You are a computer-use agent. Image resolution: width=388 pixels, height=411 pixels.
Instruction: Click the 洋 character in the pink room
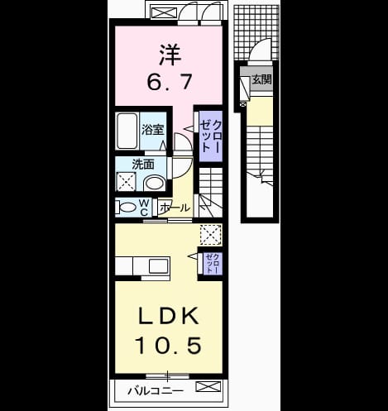pos(170,55)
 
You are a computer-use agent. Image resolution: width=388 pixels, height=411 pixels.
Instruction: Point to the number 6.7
pos(170,82)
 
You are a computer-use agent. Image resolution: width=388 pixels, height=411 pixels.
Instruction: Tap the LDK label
pos(169,316)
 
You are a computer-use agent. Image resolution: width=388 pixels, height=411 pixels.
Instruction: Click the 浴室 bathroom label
pos(153,130)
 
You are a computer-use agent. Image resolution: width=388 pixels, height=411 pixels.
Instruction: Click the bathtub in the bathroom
pos(127,131)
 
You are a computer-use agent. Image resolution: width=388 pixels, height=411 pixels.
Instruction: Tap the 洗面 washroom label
pos(143,165)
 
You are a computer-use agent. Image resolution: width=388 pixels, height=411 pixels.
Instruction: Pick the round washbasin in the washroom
pos(155,184)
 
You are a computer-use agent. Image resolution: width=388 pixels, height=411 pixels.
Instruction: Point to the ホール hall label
pos(175,208)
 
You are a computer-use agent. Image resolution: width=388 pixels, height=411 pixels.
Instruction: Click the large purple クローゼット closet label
pos(211,136)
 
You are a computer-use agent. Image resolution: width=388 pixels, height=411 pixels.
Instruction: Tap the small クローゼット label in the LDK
pos(213,263)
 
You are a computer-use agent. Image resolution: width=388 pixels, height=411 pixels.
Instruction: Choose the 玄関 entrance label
pos(261,79)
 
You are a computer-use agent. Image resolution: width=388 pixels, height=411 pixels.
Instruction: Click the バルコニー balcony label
pos(156,391)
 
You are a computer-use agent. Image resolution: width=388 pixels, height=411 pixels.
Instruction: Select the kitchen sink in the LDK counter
pos(159,266)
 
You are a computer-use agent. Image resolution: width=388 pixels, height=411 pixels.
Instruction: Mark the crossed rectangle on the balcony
pos(208,386)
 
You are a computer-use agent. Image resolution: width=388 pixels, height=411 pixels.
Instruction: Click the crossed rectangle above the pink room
pos(164,13)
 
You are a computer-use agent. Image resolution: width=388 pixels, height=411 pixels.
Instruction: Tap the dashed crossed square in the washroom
pos(126,182)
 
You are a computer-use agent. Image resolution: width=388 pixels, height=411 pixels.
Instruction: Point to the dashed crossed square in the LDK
pos(211,235)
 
